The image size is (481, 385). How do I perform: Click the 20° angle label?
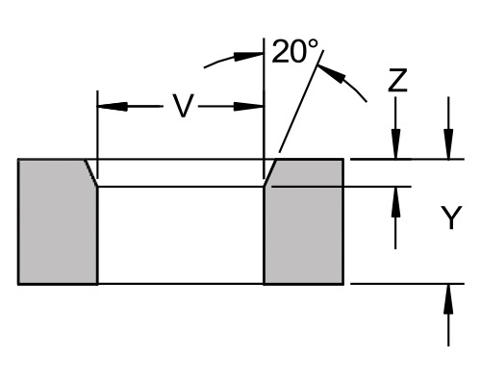295,51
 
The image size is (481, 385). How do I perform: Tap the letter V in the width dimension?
183,106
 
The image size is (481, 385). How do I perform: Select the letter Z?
397,80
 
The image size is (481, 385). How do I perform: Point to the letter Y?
451,218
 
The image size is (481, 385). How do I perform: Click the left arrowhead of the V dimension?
113,107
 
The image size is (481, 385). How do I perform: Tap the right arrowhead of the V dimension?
248,107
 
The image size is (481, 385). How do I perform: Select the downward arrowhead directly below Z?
395,143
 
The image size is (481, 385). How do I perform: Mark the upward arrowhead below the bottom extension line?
448,299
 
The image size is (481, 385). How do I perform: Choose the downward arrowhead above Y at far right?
448,143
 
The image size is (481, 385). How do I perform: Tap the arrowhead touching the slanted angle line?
332,73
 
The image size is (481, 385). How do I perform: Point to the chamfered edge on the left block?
91,172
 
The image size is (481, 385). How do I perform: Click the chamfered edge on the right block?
270,172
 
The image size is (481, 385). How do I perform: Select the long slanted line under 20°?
301,101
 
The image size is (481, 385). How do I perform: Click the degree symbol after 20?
314,44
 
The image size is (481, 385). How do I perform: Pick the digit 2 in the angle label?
280,51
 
